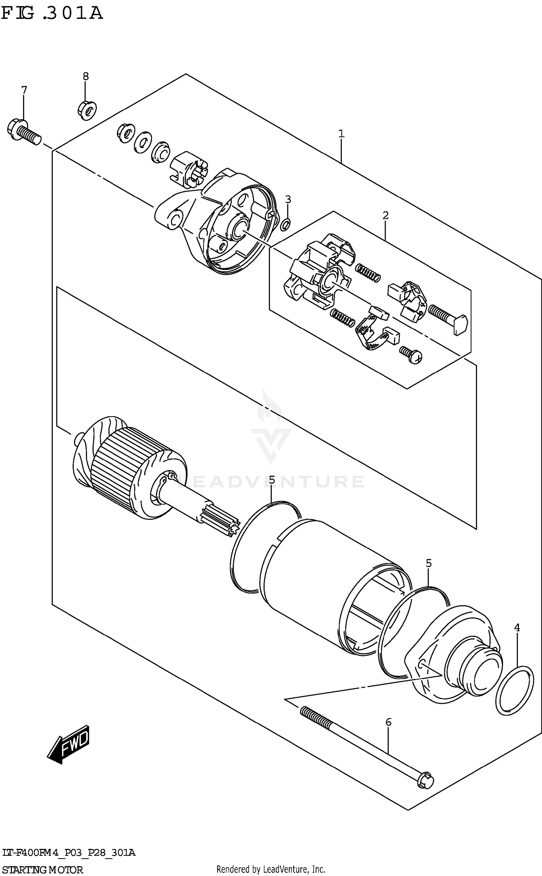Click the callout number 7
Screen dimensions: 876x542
(x=24, y=90)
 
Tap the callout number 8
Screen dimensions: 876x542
(x=85, y=76)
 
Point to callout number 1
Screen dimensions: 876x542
(x=341, y=134)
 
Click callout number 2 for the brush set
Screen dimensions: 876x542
(x=385, y=216)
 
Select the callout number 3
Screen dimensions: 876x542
(x=288, y=199)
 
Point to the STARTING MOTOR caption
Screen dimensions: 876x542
(x=42, y=867)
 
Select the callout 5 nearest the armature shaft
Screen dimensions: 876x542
(x=271, y=480)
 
